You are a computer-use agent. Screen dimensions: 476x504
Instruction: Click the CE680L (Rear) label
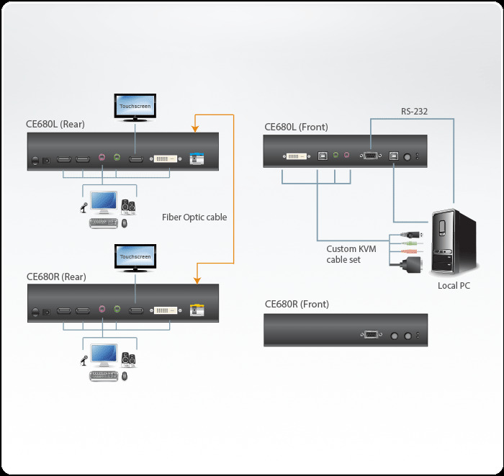(55, 124)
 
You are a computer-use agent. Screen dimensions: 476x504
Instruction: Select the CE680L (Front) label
(296, 127)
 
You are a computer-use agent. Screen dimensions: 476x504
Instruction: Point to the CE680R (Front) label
(297, 305)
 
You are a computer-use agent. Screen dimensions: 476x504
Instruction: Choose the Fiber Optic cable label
(194, 217)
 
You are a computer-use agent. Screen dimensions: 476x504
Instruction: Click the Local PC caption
(455, 286)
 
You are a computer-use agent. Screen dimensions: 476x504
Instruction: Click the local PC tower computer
(452, 242)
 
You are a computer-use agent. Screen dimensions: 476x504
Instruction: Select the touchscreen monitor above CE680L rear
(135, 106)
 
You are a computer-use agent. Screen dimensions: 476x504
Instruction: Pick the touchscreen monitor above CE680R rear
(135, 258)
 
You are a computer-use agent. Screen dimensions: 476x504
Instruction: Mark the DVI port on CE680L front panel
(297, 155)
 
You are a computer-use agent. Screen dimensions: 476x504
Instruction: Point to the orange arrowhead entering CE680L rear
(194, 129)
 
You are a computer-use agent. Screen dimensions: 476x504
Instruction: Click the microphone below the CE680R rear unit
(84, 360)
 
